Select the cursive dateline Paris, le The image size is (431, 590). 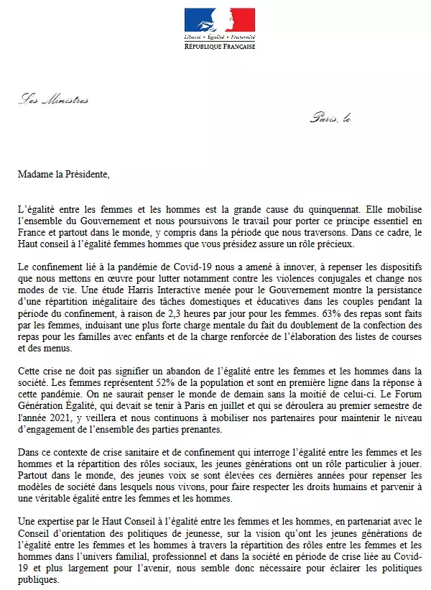click(x=330, y=117)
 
